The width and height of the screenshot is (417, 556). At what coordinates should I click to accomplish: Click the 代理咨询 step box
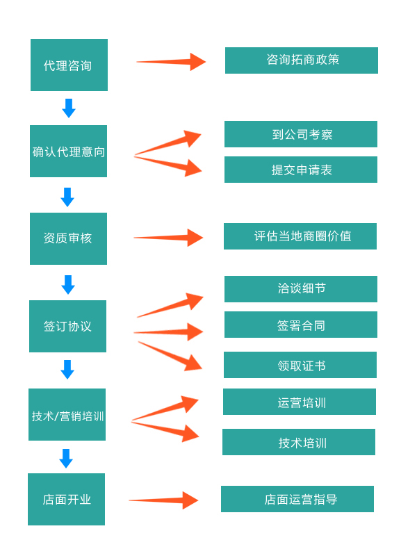(69, 65)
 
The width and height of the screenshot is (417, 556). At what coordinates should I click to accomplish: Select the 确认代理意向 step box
(68, 151)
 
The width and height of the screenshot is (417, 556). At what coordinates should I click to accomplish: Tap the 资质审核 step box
(68, 238)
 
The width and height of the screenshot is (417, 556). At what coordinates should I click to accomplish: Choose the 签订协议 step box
(67, 326)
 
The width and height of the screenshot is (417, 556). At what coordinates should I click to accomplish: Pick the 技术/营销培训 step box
(67, 414)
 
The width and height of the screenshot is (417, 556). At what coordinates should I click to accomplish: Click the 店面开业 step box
(66, 499)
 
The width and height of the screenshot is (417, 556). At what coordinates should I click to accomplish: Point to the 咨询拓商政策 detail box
(301, 60)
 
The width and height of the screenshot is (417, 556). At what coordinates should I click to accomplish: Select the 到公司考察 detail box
(300, 134)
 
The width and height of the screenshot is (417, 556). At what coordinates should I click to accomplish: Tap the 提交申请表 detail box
(300, 170)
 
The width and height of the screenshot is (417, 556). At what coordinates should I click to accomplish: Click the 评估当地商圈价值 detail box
(300, 236)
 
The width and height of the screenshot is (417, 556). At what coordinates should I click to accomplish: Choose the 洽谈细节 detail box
(300, 289)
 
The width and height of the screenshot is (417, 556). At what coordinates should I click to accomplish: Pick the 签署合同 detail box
(300, 325)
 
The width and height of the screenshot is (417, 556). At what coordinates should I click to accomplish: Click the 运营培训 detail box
(299, 402)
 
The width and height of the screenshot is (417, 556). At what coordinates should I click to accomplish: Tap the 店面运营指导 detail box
(297, 499)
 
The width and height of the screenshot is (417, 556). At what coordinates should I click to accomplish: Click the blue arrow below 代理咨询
(68, 108)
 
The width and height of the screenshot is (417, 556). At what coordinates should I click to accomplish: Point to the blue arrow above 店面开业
(66, 458)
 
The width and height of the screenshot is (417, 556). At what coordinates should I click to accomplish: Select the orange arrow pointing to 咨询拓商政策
(171, 62)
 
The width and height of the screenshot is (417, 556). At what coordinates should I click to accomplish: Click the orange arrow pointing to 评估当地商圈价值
(168, 238)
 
